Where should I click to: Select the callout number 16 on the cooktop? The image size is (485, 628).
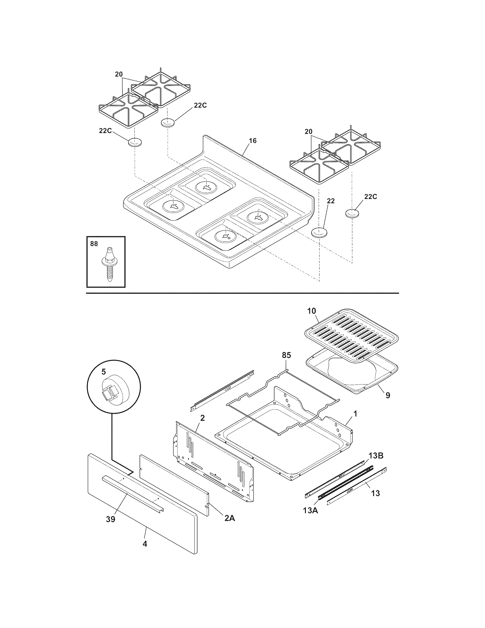click(253, 141)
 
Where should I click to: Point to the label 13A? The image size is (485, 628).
click(310, 511)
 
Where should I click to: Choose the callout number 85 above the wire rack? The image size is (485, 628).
click(286, 355)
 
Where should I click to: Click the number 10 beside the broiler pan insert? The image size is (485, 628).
click(311, 311)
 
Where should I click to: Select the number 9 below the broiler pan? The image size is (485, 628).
click(388, 395)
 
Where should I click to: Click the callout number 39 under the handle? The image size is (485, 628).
click(110, 519)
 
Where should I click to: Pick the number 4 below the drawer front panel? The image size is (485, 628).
click(145, 544)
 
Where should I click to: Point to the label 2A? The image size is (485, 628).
click(229, 518)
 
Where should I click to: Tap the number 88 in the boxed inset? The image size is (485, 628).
click(94, 244)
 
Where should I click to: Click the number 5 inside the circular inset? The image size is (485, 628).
click(104, 372)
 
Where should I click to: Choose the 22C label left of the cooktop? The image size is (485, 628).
click(105, 130)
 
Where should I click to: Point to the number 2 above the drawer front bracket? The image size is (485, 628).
click(202, 418)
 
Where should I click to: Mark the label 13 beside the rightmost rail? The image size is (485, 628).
click(375, 493)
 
